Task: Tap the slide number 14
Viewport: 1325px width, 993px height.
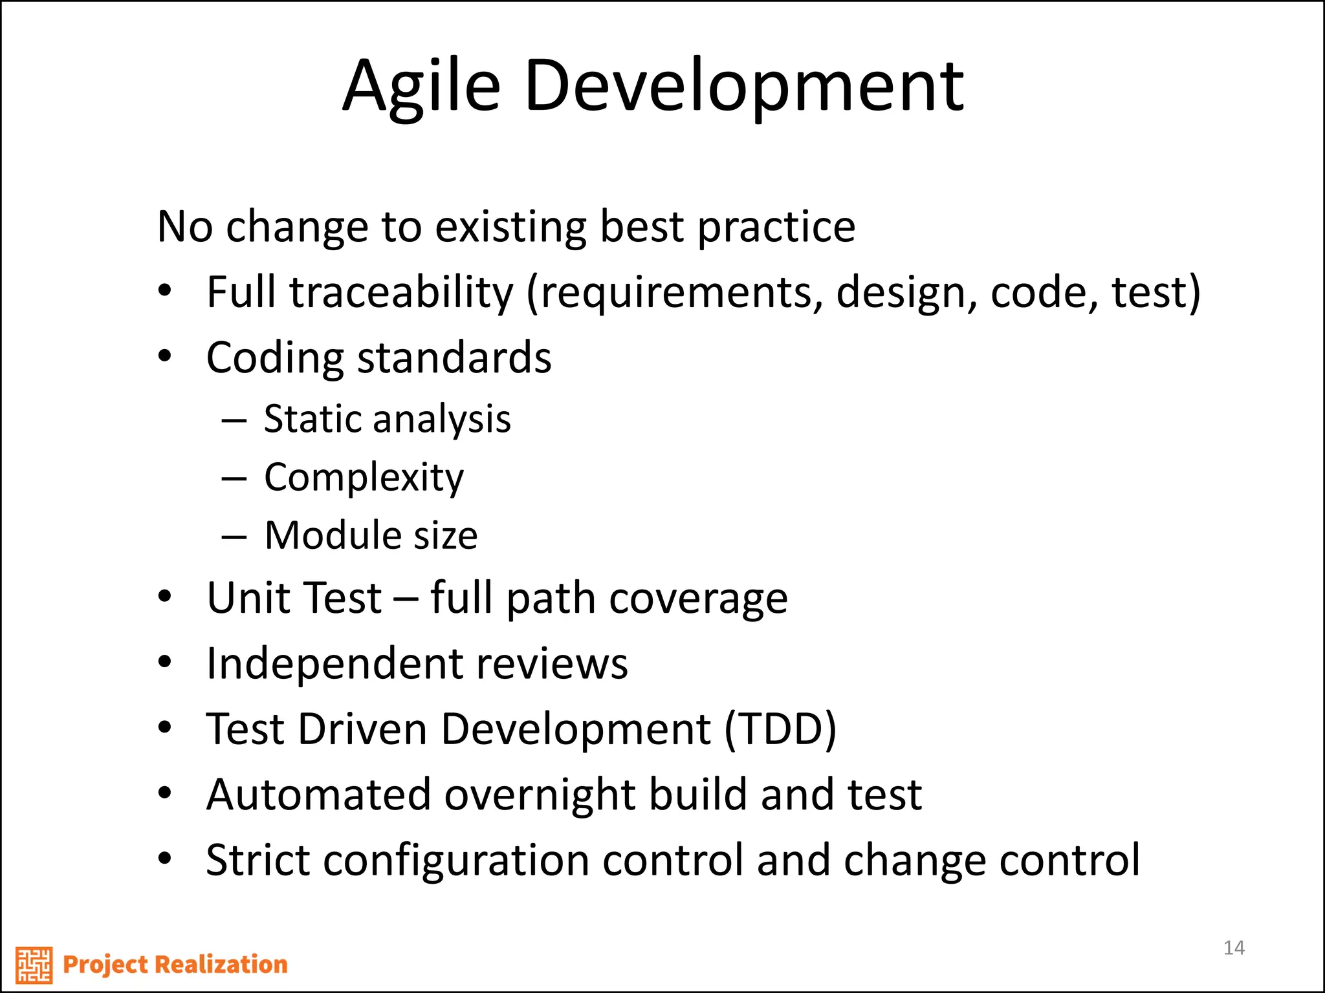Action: (1234, 948)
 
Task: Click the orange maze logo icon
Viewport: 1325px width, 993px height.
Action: (34, 965)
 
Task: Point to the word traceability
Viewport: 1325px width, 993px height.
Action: (401, 292)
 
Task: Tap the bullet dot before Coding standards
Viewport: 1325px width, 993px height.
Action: (165, 356)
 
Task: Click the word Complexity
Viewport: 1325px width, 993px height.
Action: (364, 478)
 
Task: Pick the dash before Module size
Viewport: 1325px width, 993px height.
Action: (234, 536)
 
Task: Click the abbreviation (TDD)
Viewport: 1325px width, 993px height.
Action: (780, 729)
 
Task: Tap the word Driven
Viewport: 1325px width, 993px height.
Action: (362, 729)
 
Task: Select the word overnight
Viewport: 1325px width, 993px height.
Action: (540, 795)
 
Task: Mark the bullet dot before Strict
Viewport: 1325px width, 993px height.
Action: (165, 859)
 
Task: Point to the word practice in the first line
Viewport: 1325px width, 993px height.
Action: (776, 228)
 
